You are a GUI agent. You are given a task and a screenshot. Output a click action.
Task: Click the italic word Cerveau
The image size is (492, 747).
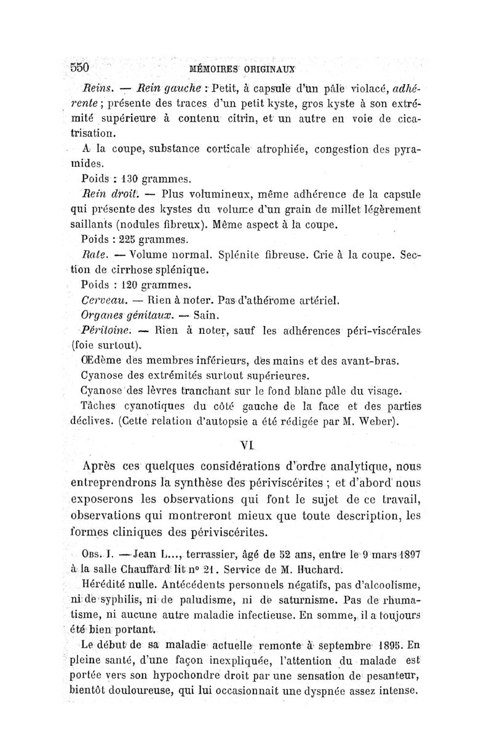click(x=102, y=301)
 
